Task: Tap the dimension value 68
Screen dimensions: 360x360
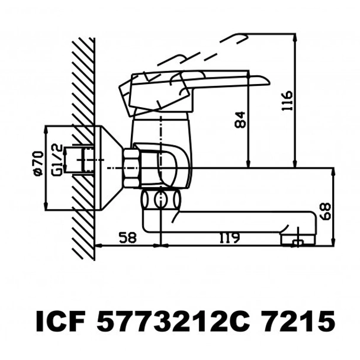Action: coord(325,210)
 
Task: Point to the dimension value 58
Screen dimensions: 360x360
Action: coord(127,237)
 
